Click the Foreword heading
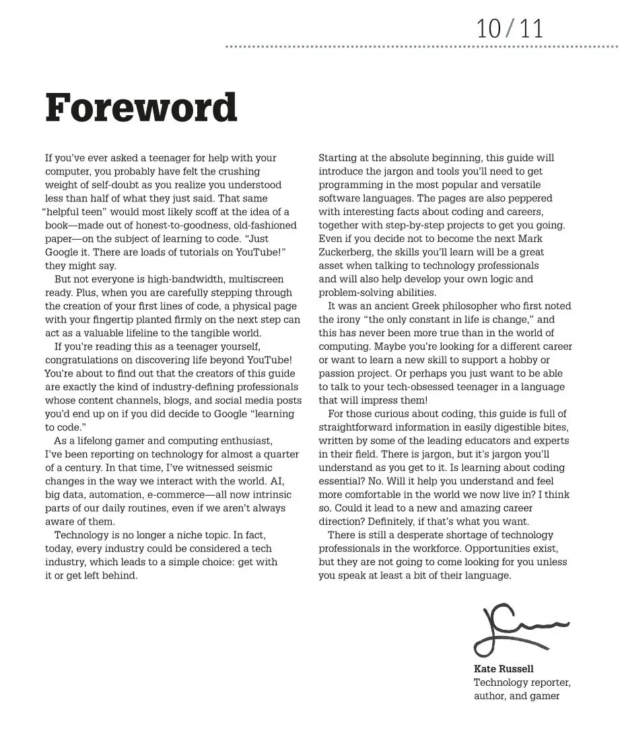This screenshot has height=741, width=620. [x=141, y=108]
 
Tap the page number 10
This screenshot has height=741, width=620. [x=489, y=28]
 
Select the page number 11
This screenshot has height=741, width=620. [x=530, y=28]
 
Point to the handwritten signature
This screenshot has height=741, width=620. [x=518, y=630]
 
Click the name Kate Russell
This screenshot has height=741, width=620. [x=504, y=669]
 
